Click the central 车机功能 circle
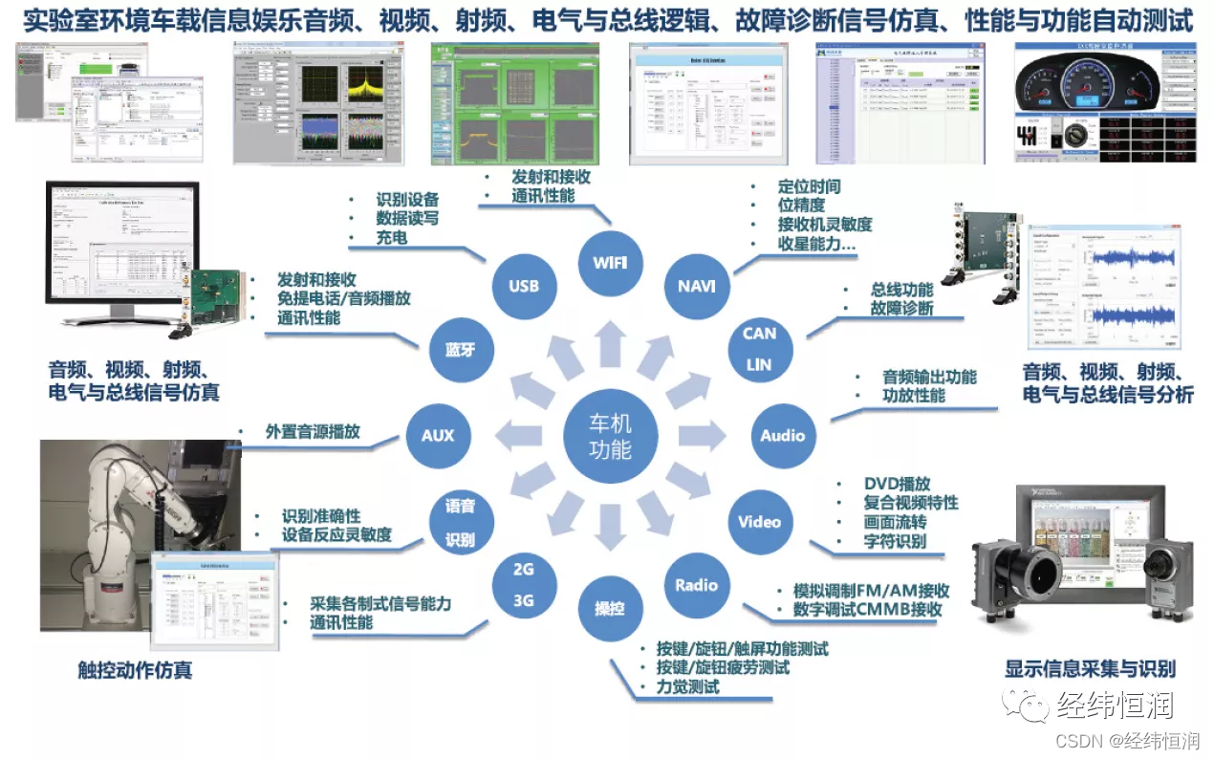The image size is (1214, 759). coord(610,436)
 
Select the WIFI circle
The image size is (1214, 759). coord(610,261)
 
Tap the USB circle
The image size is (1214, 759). coord(524,285)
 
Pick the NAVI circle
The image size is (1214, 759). coord(697,285)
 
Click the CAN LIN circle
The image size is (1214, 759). coord(759,348)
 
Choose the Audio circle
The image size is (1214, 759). coord(782,436)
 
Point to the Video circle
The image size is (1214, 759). coord(759,522)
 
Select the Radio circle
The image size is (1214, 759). coord(696,585)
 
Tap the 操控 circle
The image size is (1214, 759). coord(610,609)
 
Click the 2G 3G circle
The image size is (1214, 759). coord(524,585)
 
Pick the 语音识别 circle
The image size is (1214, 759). coord(460,522)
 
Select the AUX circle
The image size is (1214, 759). coord(438,436)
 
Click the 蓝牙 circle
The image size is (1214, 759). coord(460,349)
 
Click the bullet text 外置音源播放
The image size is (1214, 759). coord(313,431)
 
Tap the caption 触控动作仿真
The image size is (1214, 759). coord(135,670)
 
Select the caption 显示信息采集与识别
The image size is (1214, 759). coord(1090,668)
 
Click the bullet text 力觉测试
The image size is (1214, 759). coord(687,686)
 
